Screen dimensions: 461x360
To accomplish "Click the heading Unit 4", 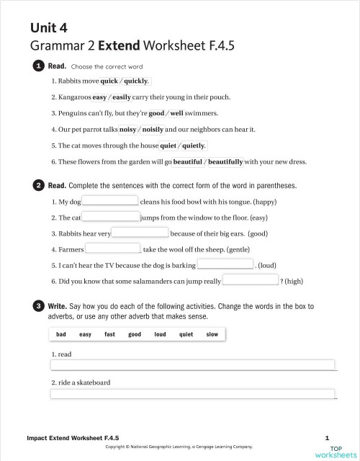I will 48,28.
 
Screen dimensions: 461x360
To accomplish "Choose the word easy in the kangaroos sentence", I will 99,97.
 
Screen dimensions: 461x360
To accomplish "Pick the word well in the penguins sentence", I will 176,113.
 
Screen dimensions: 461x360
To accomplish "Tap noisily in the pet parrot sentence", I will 153,129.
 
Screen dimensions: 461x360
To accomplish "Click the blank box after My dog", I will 109,201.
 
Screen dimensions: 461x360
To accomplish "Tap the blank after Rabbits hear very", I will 140,233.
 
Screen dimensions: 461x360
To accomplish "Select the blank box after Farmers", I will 112,248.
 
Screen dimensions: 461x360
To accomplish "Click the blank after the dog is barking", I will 225,264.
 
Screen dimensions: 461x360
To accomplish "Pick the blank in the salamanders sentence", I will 250,280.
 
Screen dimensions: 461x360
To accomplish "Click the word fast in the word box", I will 109,334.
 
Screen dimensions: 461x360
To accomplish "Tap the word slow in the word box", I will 212,334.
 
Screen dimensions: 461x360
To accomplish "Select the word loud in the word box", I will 160,334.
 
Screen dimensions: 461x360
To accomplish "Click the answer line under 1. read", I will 192,364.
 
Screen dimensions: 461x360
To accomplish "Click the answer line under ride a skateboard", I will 192,393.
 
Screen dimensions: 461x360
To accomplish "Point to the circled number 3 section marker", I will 37,307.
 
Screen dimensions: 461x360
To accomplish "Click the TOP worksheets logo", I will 335,451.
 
